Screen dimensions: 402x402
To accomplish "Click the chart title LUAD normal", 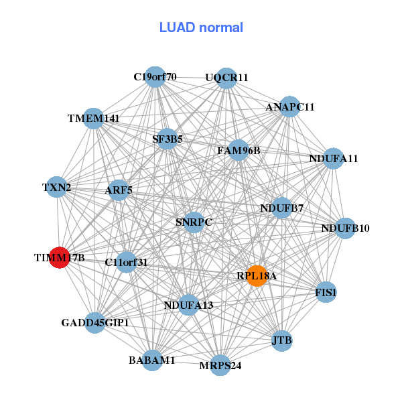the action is click(201, 27).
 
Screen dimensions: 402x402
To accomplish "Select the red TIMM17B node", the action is click(60, 257).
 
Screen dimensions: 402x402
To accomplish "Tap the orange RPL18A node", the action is click(257, 275).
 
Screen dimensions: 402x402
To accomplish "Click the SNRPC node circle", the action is click(194, 222).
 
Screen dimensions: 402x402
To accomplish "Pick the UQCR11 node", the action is click(227, 78).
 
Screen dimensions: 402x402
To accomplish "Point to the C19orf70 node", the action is click(155, 76).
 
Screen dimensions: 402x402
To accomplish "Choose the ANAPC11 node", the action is click(289, 107).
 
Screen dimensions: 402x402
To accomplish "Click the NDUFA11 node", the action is click(334, 159).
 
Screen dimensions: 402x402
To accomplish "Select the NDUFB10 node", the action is click(345, 228).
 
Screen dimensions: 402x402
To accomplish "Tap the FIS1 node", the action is click(326, 292).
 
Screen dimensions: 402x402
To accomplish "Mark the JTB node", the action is click(282, 341).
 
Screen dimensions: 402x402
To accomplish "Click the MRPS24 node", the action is click(220, 365).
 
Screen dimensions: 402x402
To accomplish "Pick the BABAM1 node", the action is click(152, 360).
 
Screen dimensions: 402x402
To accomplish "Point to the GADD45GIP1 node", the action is click(95, 323).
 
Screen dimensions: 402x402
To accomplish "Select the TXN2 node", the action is click(57, 188).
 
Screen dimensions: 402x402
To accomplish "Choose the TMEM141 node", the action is click(94, 119).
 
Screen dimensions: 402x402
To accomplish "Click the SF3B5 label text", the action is click(167, 139).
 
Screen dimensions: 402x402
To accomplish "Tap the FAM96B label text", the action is click(239, 151).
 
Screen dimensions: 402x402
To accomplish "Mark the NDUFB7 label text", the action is click(282, 208).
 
